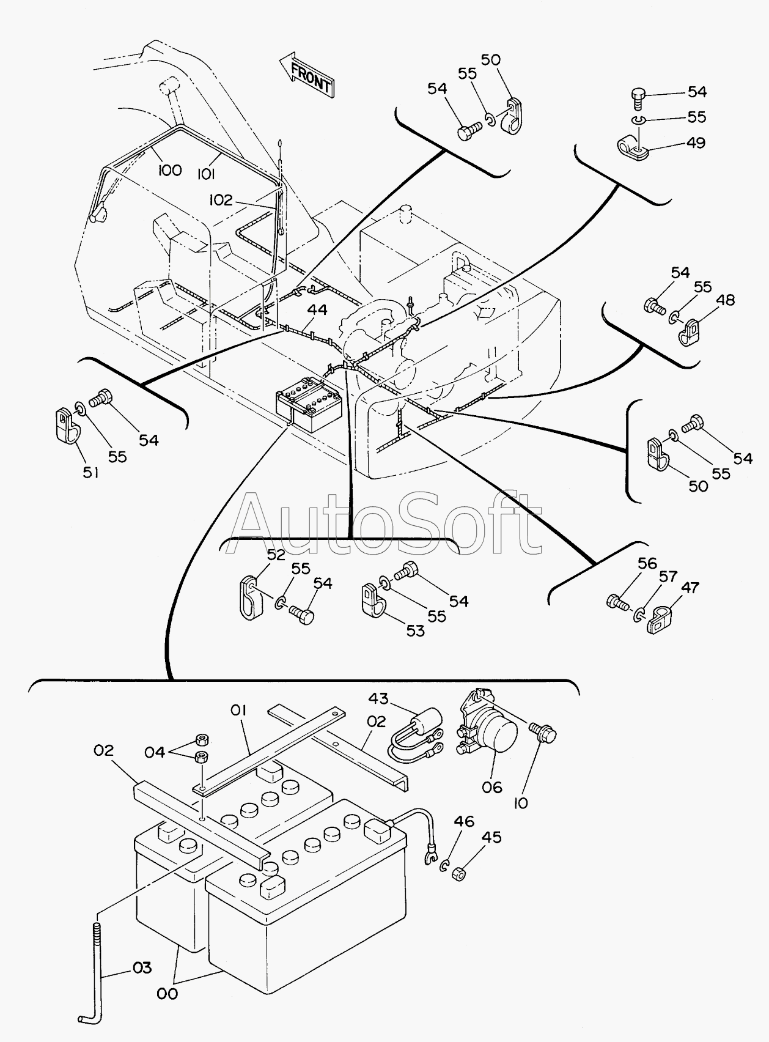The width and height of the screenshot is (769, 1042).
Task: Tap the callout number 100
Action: click(x=169, y=170)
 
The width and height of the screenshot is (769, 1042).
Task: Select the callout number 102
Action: click(x=221, y=199)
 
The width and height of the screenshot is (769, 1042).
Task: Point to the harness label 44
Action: click(x=317, y=310)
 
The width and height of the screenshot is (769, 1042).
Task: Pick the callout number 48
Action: click(x=725, y=300)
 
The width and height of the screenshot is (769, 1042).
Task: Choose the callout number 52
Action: click(x=276, y=555)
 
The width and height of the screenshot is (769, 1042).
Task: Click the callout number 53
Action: click(x=415, y=630)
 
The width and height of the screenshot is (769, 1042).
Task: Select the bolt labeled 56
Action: click(x=617, y=602)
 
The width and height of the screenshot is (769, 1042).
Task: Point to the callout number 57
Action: click(x=668, y=577)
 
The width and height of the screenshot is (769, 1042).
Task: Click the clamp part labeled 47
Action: click(x=662, y=619)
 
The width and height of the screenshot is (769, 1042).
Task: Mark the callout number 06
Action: click(x=491, y=786)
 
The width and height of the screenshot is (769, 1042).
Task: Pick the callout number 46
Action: click(x=463, y=821)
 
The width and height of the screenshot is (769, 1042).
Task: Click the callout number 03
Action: click(x=142, y=968)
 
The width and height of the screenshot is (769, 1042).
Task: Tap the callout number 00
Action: click(x=167, y=994)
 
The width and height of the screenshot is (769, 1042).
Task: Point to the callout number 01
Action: click(x=238, y=710)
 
